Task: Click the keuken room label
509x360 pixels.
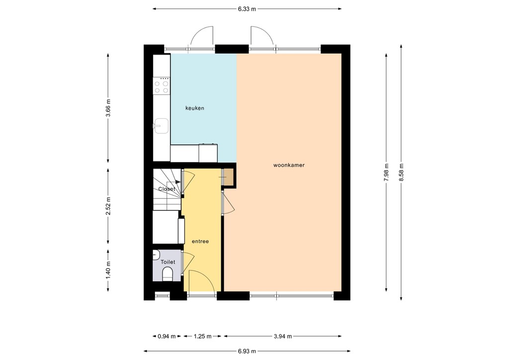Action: click(195, 108)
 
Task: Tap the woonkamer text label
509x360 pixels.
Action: click(289, 165)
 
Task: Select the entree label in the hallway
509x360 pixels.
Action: click(200, 241)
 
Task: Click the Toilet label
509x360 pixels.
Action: click(168, 262)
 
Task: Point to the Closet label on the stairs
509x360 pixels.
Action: click(167, 189)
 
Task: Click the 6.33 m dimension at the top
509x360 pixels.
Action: click(247, 9)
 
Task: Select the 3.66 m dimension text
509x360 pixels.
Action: click(108, 107)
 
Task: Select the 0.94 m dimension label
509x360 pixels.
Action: click(167, 336)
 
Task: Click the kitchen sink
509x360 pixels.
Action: click(161, 125)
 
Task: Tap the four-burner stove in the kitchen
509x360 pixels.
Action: click(162, 87)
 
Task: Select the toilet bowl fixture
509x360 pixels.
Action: click(168, 274)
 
